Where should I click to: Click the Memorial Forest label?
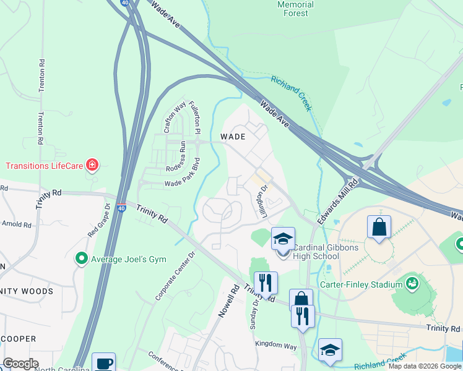296,9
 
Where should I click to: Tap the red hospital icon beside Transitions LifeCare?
92,164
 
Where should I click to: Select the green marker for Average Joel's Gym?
80,258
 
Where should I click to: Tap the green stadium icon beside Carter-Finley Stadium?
413,284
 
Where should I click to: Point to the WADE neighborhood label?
233,137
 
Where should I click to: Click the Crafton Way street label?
175,117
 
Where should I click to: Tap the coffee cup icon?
104,363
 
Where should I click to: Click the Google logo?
20,364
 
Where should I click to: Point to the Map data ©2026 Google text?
424,366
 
